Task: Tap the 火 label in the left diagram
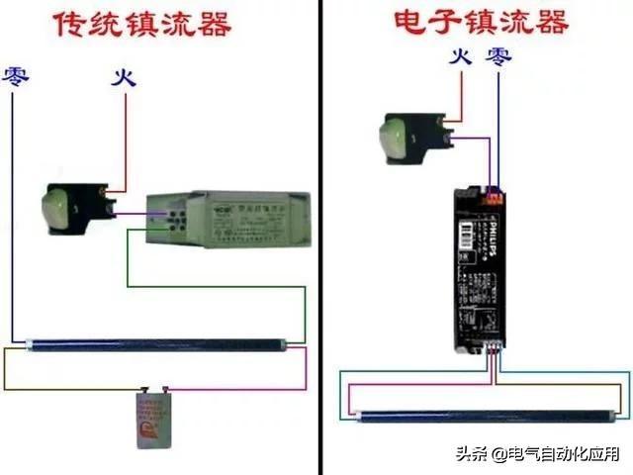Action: point(123,76)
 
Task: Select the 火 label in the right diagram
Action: point(459,57)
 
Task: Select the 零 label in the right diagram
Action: point(494,57)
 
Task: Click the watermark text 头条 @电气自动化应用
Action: point(537,454)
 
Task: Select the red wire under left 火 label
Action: point(124,139)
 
